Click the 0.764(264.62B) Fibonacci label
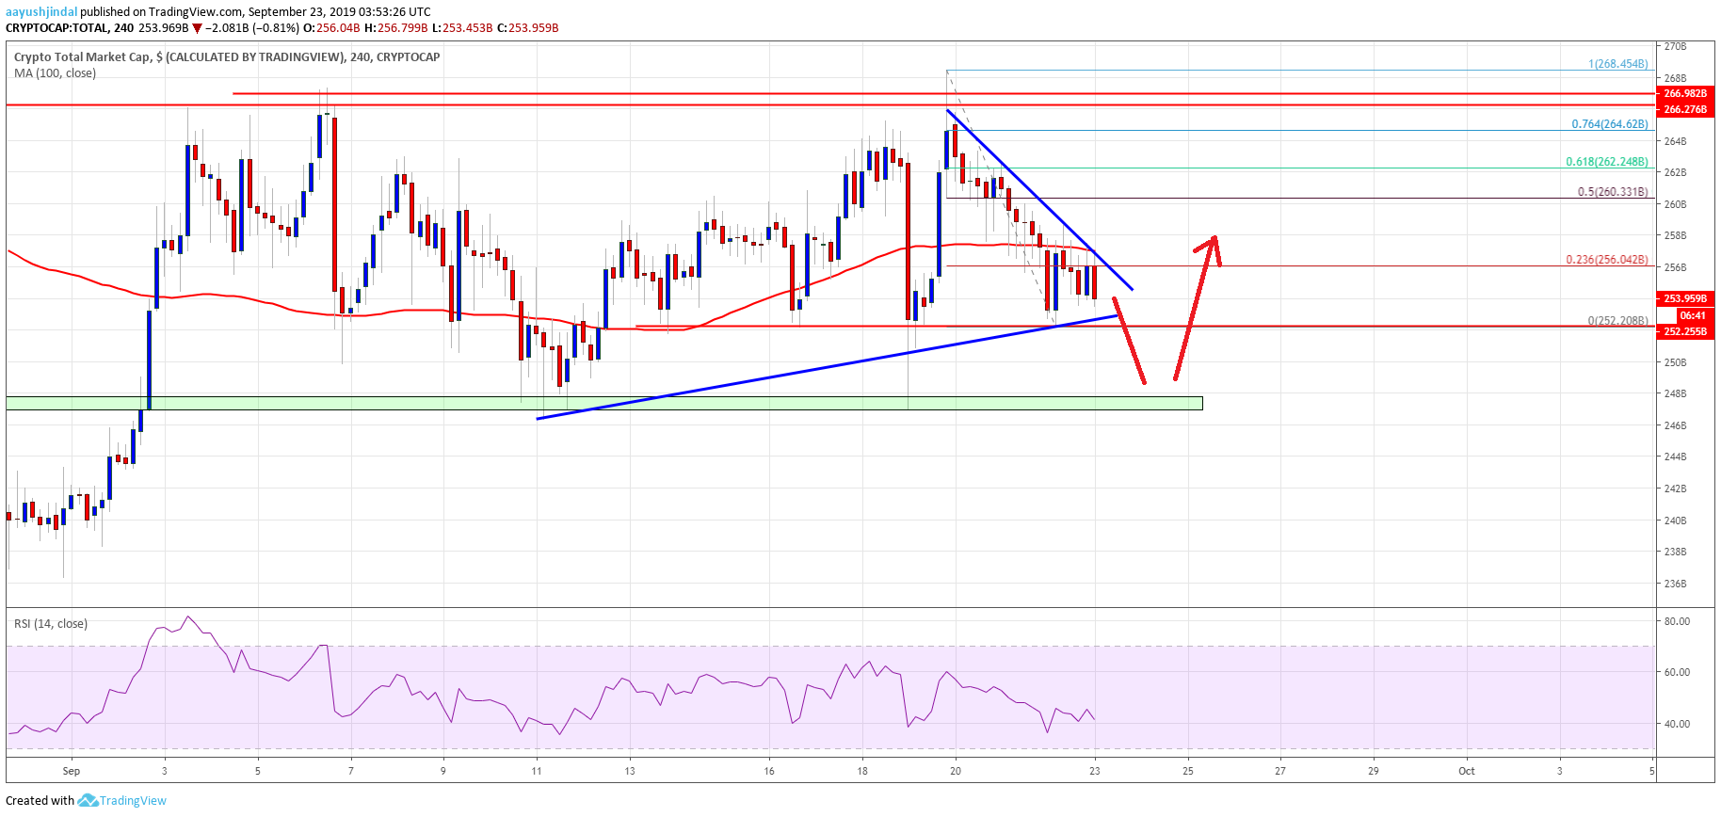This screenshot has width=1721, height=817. tap(1609, 124)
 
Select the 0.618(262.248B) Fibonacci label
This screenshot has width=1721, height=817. tap(1606, 162)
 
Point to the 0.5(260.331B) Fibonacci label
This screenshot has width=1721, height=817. tap(1612, 192)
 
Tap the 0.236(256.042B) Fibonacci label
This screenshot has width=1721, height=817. tap(1606, 260)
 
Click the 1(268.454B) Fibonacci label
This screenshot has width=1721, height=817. tap(1617, 64)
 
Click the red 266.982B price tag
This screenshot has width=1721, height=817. tap(1684, 94)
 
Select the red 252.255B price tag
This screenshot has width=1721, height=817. tap(1684, 331)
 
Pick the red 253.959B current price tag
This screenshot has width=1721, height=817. tap(1684, 299)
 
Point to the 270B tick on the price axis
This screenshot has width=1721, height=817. tap(1675, 46)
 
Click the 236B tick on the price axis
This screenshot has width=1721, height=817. tap(1675, 584)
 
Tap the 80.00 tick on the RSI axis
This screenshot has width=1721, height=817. tap(1677, 621)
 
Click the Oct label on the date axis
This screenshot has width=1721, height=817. tap(1466, 771)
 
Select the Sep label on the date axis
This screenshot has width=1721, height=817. tap(72, 771)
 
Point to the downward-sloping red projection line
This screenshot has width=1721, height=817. tap(1130, 341)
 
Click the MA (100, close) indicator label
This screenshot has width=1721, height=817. tap(55, 73)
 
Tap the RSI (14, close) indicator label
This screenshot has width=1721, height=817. tap(50, 623)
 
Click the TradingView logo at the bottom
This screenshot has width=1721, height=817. tap(122, 801)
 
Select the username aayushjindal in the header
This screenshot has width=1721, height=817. tap(40, 12)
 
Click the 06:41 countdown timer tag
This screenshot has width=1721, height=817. tap(1692, 315)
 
